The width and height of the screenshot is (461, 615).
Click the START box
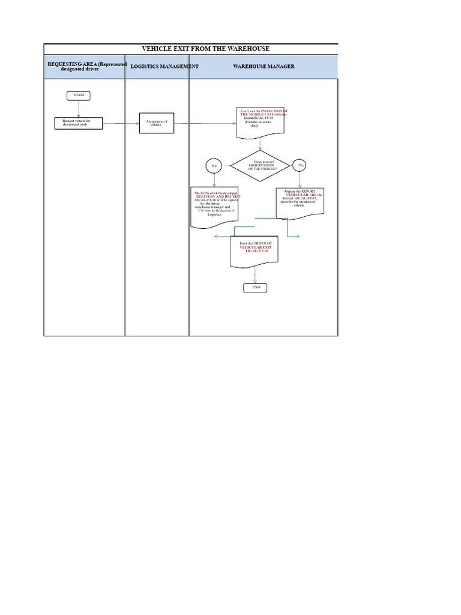click(x=79, y=95)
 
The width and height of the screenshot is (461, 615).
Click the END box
click(x=255, y=288)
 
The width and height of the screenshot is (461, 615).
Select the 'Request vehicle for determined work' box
click(x=79, y=123)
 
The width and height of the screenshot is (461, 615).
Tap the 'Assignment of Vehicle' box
click(x=156, y=123)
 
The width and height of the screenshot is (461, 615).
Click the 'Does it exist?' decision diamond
click(x=260, y=166)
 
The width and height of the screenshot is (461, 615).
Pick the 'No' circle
click(x=214, y=166)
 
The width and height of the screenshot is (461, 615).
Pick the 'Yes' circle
click(x=299, y=166)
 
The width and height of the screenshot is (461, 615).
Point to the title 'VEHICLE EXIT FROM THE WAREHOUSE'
click(x=205, y=49)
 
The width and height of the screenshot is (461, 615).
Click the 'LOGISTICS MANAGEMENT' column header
click(x=164, y=67)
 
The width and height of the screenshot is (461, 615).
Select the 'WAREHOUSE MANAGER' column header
click(x=264, y=67)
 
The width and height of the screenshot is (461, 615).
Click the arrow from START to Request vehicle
click(x=79, y=109)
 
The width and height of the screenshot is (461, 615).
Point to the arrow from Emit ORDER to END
click(x=255, y=275)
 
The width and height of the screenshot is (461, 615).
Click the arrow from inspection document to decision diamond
click(x=260, y=144)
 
